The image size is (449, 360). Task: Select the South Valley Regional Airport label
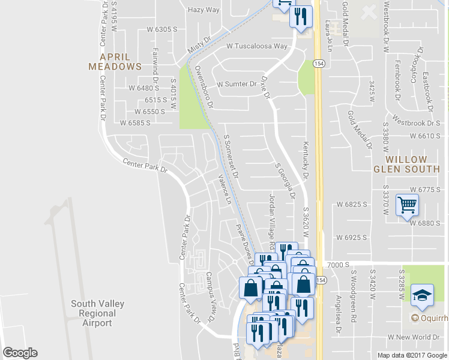[x=97, y=313]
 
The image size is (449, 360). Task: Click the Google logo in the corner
[x=20, y=353]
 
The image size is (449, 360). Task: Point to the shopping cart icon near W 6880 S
[x=407, y=206]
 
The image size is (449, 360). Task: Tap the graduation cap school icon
[x=422, y=295]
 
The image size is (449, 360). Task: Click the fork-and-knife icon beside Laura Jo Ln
[x=301, y=16]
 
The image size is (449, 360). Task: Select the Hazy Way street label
[x=203, y=10]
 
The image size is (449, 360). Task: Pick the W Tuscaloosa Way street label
[x=257, y=46]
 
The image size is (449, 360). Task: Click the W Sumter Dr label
[x=237, y=84]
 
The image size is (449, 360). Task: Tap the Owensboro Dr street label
[x=203, y=86]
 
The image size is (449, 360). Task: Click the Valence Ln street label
[x=224, y=189]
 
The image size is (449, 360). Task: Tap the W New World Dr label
[x=415, y=337]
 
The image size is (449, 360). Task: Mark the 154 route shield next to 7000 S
[x=321, y=280]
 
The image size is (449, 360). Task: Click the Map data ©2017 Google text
[x=412, y=355]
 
